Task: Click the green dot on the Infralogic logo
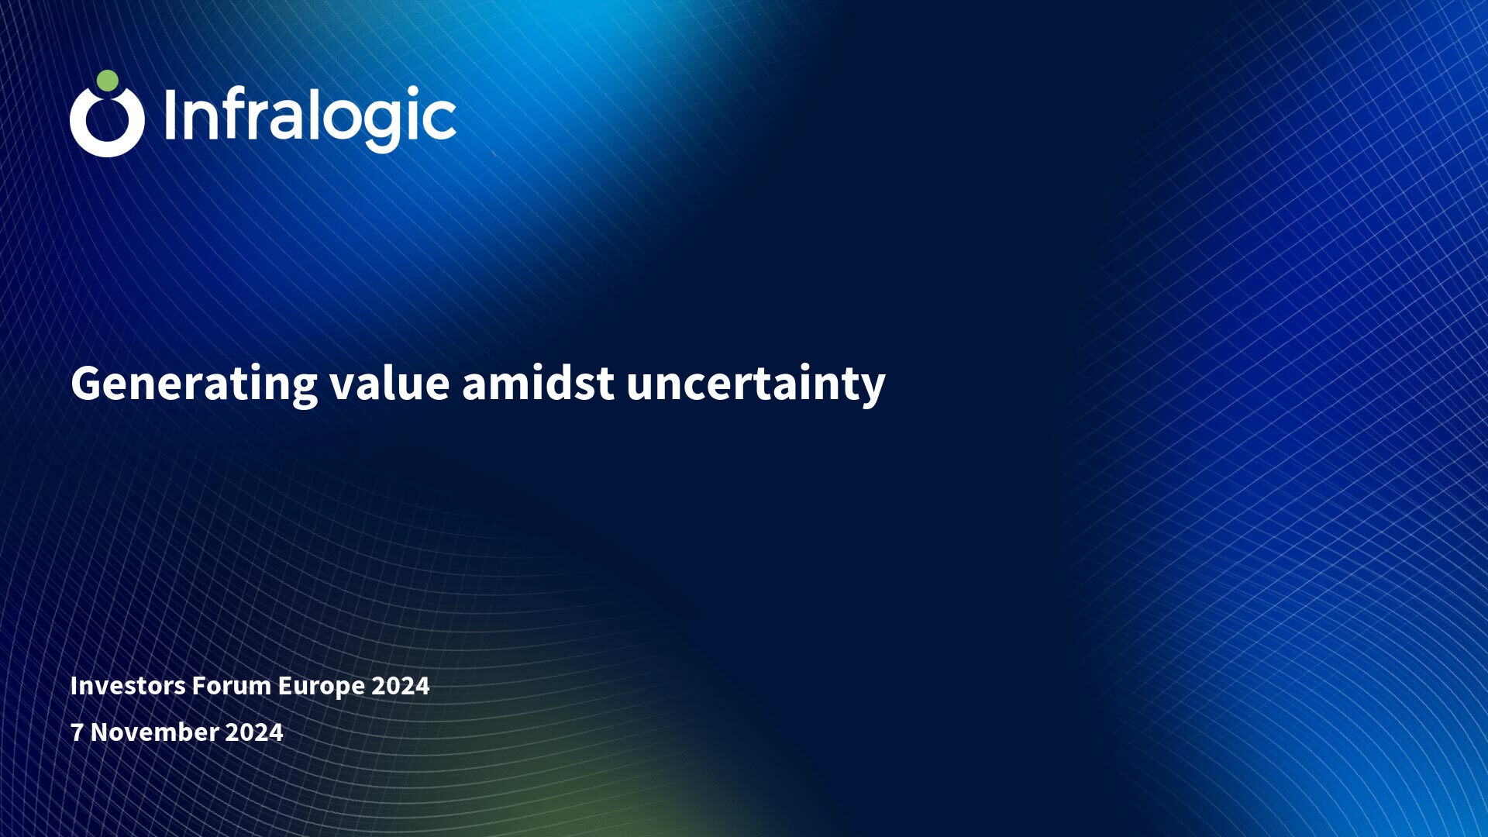[108, 81]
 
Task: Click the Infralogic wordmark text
[310, 119]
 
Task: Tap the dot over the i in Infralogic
[415, 91]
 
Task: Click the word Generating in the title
[195, 384]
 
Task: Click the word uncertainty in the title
[756, 384]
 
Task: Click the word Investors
[128, 686]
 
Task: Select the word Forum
[231, 686]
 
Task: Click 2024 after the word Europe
[401, 686]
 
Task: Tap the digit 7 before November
[77, 732]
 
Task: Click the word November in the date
[155, 732]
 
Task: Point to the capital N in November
[100, 732]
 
